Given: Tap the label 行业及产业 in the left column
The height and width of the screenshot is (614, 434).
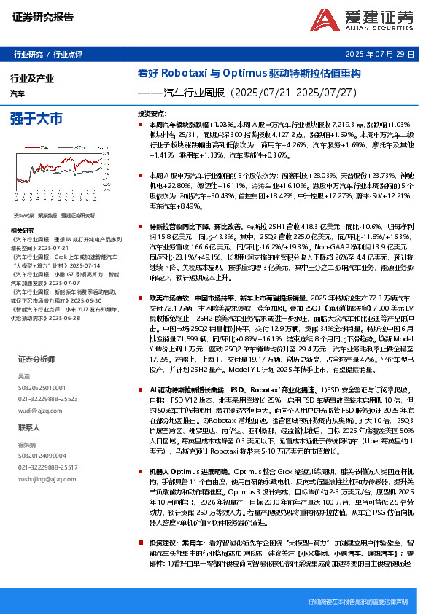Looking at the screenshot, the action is point(32,78).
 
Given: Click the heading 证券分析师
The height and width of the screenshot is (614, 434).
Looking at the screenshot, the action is point(36,360).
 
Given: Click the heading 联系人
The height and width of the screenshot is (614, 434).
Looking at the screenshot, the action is point(29,427).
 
